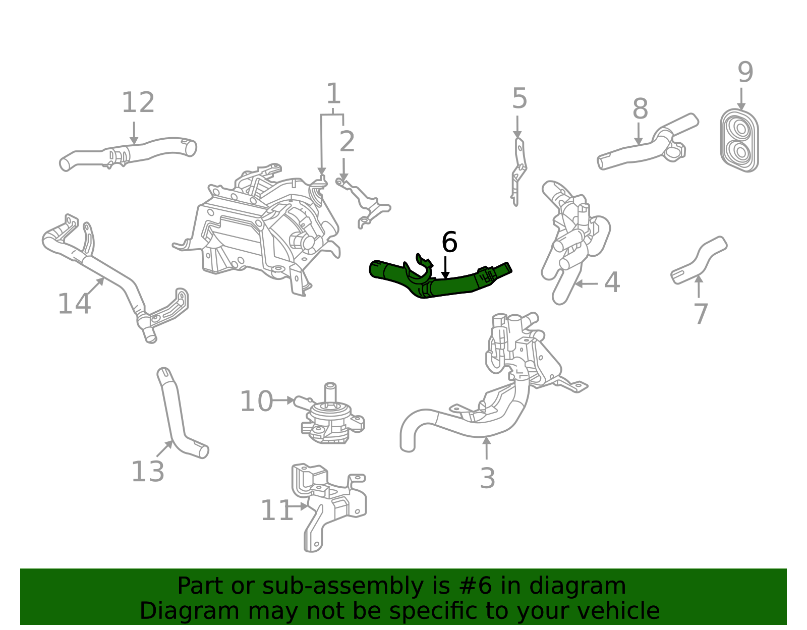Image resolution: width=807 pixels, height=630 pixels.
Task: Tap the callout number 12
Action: tap(138, 103)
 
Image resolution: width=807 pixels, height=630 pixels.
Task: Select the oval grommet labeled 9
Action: tap(739, 140)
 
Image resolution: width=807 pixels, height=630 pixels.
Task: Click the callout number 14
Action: tap(74, 304)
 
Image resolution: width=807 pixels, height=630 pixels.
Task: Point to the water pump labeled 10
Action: tap(330, 419)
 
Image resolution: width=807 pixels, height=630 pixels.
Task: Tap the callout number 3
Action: tap(487, 478)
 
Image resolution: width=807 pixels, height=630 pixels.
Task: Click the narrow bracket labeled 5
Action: tap(518, 171)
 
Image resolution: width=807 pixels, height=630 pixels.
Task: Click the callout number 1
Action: tap(333, 94)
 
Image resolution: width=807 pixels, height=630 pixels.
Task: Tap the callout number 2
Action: tap(347, 142)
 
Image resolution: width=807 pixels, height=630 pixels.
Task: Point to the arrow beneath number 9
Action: tap(741, 98)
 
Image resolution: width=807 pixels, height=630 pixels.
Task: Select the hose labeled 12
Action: tap(131, 152)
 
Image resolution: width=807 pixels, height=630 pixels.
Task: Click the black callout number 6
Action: tap(449, 243)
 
